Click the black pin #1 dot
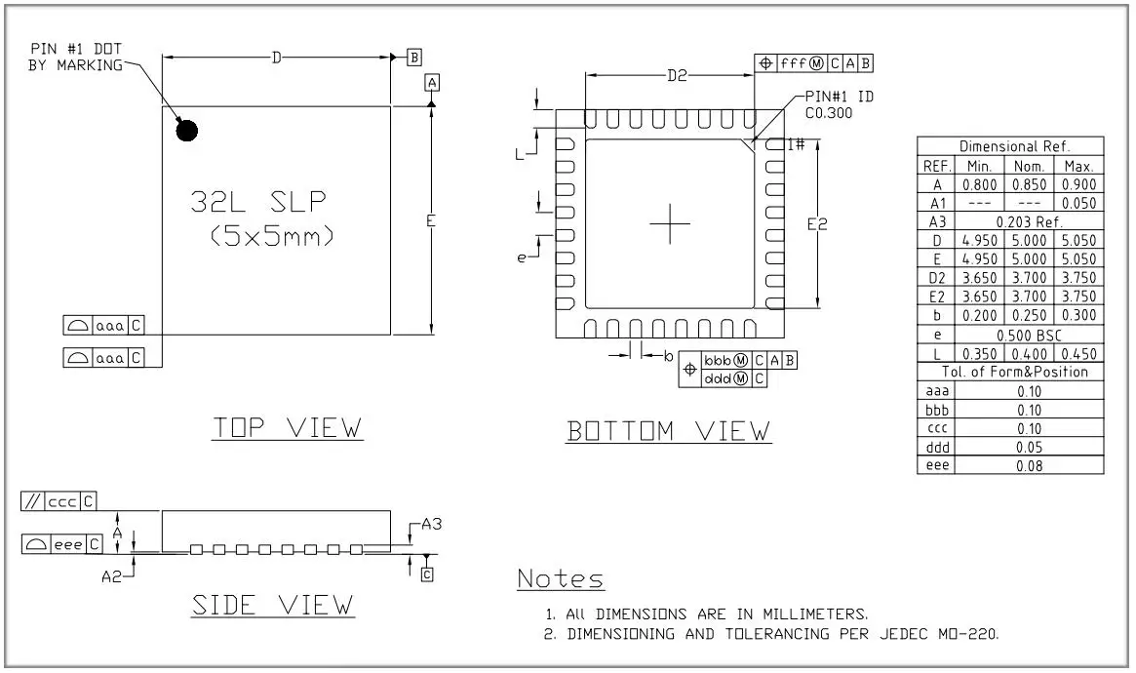[187, 131]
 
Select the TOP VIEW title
[288, 427]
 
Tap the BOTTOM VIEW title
[669, 431]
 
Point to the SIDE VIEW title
[272, 605]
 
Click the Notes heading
[561, 578]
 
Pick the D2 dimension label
[677, 75]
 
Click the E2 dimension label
[817, 224]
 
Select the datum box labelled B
[414, 58]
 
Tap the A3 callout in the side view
[432, 524]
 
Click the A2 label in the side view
[111, 576]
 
